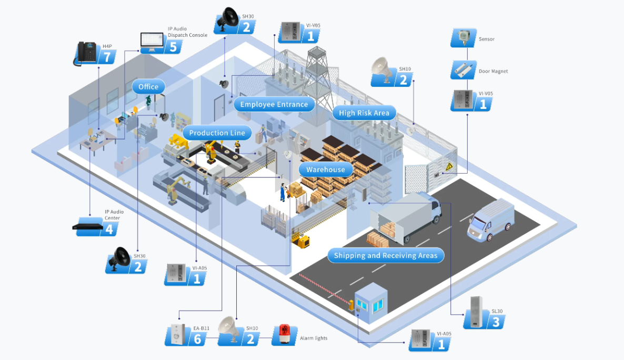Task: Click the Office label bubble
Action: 148,87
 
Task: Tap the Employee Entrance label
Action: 274,104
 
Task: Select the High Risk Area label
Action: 364,113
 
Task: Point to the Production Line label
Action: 217,133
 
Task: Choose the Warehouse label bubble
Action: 326,169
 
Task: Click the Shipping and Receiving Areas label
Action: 386,256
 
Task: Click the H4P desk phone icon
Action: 86,53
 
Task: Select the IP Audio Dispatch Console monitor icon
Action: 152,43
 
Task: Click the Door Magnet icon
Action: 463,70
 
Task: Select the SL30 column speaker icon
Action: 476,312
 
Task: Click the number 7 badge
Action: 107,57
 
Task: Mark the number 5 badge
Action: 173,47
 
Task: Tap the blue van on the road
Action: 490,220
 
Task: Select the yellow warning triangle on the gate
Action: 449,166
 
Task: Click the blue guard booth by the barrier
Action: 371,303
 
